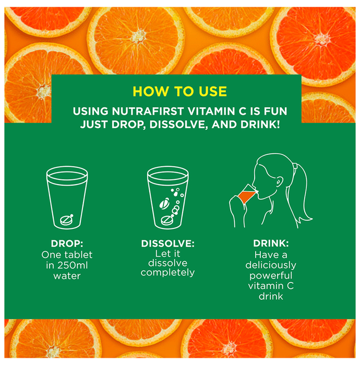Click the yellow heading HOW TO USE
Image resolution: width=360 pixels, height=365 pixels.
tap(179, 91)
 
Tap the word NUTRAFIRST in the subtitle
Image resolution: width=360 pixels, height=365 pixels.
tap(148, 111)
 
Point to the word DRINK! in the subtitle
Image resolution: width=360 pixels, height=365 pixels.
tap(260, 125)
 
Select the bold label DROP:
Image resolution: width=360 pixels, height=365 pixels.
tap(67, 244)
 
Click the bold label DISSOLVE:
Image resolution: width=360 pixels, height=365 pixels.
tap(167, 244)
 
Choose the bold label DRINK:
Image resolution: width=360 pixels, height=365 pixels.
tap(271, 244)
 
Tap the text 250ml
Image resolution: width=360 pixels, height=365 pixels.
tap(73, 265)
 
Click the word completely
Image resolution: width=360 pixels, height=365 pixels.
tap(167, 273)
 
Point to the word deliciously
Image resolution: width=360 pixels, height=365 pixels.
tap(271, 265)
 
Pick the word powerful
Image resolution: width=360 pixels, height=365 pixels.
tap(271, 276)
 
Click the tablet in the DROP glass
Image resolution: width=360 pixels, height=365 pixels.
tap(66, 220)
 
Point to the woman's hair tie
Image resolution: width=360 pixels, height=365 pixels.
tap(295, 167)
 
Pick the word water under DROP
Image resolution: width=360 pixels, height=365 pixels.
tap(67, 276)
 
